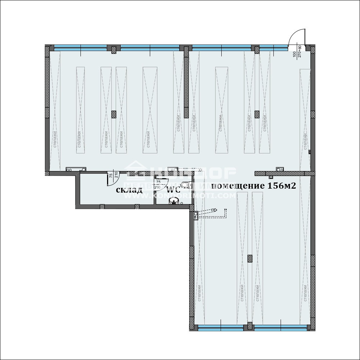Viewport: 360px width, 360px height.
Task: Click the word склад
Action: coord(129,190)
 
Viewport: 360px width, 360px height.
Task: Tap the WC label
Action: coord(173,190)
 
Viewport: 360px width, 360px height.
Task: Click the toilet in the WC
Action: coord(185,185)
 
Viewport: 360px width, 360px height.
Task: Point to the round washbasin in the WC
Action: coord(175,200)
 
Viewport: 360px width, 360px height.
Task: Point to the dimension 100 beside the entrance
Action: coord(295,54)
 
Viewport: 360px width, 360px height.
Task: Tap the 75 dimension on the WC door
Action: coord(158,182)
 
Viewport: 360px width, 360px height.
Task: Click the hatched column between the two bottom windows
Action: coord(250,327)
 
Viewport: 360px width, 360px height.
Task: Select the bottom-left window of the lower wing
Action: coord(221,328)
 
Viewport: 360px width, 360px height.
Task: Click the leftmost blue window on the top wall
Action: coord(80,47)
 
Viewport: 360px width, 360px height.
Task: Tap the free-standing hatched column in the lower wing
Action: coord(250,259)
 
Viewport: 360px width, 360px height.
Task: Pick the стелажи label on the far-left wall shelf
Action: coord(55,139)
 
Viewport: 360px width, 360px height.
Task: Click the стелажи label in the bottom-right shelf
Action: coord(305,292)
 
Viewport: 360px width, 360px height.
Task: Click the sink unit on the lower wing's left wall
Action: coord(195,216)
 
